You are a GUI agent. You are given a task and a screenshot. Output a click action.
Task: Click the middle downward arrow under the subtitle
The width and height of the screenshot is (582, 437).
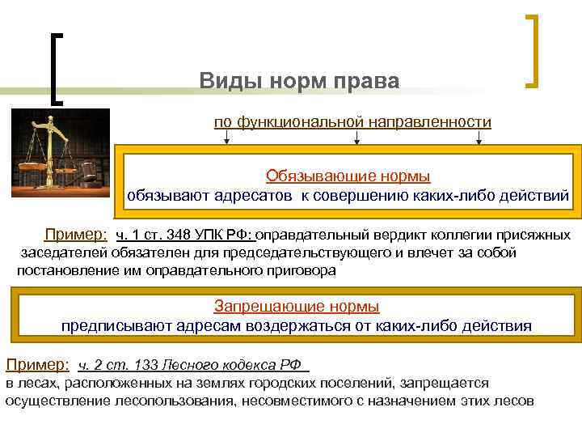tap(356, 140)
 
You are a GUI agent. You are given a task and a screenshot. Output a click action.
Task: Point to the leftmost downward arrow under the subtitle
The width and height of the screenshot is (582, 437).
tap(227, 140)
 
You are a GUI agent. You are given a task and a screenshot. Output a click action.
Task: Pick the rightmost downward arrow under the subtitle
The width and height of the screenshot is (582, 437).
tap(479, 140)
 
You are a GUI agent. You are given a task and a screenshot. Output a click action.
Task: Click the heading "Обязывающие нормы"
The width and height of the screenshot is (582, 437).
tap(348, 176)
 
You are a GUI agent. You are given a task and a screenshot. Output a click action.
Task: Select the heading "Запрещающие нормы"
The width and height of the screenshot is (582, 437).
tap(296, 307)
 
